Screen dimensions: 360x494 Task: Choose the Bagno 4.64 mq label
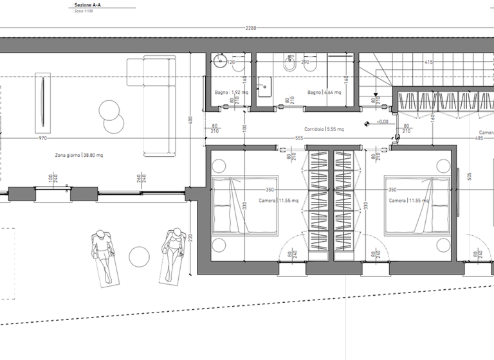(x=324, y=93)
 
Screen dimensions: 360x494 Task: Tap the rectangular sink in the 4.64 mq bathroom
(x=265, y=87)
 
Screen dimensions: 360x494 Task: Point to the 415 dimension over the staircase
(x=428, y=62)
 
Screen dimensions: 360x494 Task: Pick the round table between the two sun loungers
(x=140, y=256)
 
